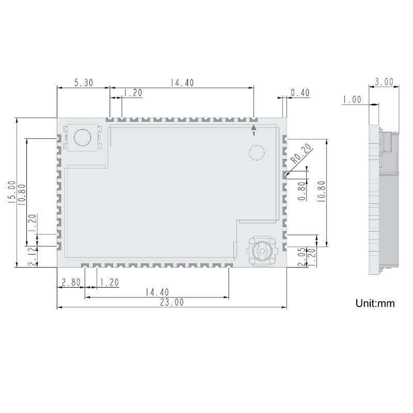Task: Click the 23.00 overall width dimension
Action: (x=171, y=303)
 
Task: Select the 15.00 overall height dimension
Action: (x=11, y=193)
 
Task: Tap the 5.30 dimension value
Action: (x=83, y=83)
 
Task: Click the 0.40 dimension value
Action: (x=300, y=93)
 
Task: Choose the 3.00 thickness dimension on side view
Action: (x=384, y=82)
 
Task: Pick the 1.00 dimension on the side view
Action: (x=352, y=100)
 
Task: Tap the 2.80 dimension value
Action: (x=70, y=282)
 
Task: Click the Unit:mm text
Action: (x=375, y=303)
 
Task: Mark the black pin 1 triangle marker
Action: (x=253, y=126)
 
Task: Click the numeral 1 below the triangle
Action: (x=253, y=134)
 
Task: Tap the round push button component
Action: (x=82, y=138)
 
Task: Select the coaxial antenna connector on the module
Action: (x=262, y=252)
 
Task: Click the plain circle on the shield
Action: (x=257, y=152)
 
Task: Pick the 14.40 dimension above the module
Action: (x=182, y=83)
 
